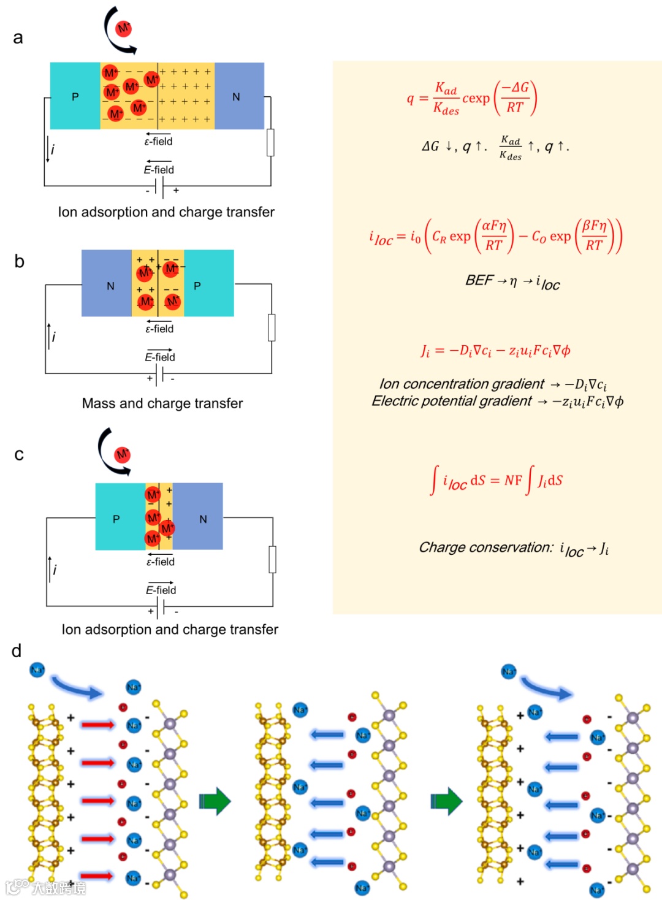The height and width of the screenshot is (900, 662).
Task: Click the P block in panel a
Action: click(75, 96)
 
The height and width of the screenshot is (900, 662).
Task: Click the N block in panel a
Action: click(238, 96)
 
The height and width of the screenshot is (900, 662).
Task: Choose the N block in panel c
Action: click(199, 517)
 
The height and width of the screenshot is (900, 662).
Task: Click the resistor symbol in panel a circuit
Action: click(270, 142)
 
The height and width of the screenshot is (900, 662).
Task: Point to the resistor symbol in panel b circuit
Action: click(272, 327)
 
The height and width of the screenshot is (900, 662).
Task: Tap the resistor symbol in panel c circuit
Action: click(273, 559)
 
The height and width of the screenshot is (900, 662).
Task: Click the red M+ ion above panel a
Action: click(123, 28)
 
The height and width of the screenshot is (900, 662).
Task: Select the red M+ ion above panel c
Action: click(122, 454)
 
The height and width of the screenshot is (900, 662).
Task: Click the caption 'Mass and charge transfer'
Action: click(162, 403)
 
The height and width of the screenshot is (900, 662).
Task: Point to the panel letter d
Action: click(17, 651)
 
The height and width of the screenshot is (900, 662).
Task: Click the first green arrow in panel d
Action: click(215, 801)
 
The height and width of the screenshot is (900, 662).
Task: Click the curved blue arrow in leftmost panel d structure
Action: click(77, 687)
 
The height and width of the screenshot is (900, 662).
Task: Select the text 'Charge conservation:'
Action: click(486, 547)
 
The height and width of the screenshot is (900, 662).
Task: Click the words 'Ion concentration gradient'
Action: click(462, 384)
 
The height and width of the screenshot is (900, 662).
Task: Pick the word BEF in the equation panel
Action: click(479, 280)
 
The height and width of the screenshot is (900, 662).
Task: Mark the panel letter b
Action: click(20, 262)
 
